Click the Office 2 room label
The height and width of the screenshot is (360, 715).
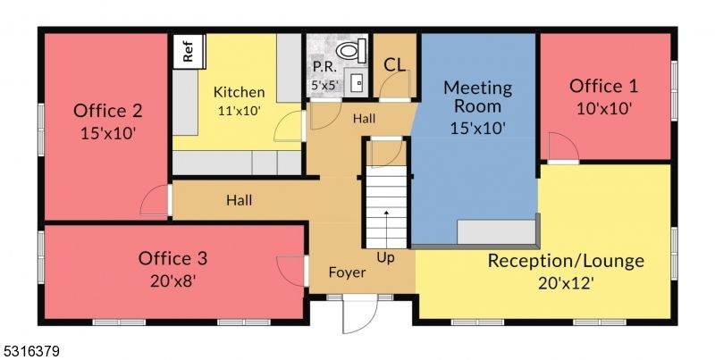point(107,112)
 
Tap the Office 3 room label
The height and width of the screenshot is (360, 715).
point(172,258)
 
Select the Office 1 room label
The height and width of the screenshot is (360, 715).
point(604,87)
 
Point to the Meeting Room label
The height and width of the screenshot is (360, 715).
point(477,96)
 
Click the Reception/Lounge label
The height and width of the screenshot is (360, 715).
point(565,261)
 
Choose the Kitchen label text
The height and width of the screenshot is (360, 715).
point(239,92)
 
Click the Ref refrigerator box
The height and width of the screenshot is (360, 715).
point(188,51)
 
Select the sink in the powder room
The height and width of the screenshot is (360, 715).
point(357,82)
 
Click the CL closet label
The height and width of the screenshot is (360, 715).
point(394,65)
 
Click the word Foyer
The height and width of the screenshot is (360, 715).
point(347,272)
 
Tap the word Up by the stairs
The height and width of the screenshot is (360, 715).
point(385,258)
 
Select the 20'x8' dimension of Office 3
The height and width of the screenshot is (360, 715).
point(172,280)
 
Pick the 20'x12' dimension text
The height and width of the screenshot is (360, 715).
point(565,283)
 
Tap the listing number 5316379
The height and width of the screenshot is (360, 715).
point(30,351)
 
